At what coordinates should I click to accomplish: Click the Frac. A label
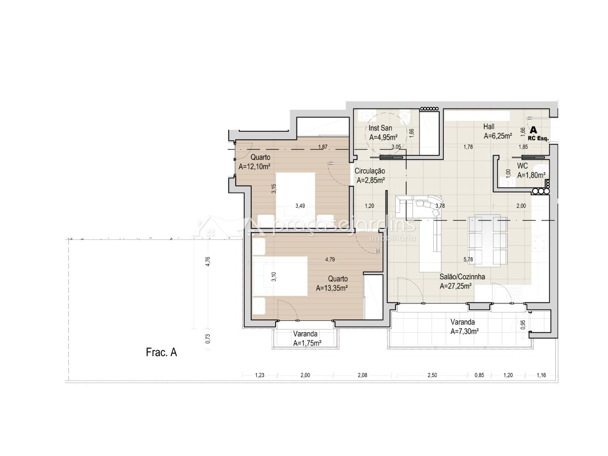coord(161,353)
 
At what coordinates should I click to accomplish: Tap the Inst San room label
coord(380,128)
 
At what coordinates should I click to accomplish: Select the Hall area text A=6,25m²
coord(498,136)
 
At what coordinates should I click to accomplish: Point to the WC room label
coord(522,166)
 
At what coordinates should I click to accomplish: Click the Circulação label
coord(369,171)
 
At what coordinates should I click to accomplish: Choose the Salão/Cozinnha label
coord(462,277)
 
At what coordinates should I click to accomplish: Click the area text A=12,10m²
coord(254,166)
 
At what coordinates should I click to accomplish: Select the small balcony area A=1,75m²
coord(307,343)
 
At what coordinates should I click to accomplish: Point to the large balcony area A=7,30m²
coord(465,331)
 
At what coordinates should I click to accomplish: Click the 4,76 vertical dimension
coord(208,261)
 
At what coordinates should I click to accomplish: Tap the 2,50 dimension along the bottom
coord(432,375)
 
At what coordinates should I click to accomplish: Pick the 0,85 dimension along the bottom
coord(479,375)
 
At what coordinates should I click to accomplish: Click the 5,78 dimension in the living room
coord(468,259)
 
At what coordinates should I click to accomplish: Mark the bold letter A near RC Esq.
coord(533,130)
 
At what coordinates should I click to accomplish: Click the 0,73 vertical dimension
coord(208,338)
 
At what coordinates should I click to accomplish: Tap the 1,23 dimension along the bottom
coord(259,375)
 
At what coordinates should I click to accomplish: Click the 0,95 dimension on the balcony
coord(523,324)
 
